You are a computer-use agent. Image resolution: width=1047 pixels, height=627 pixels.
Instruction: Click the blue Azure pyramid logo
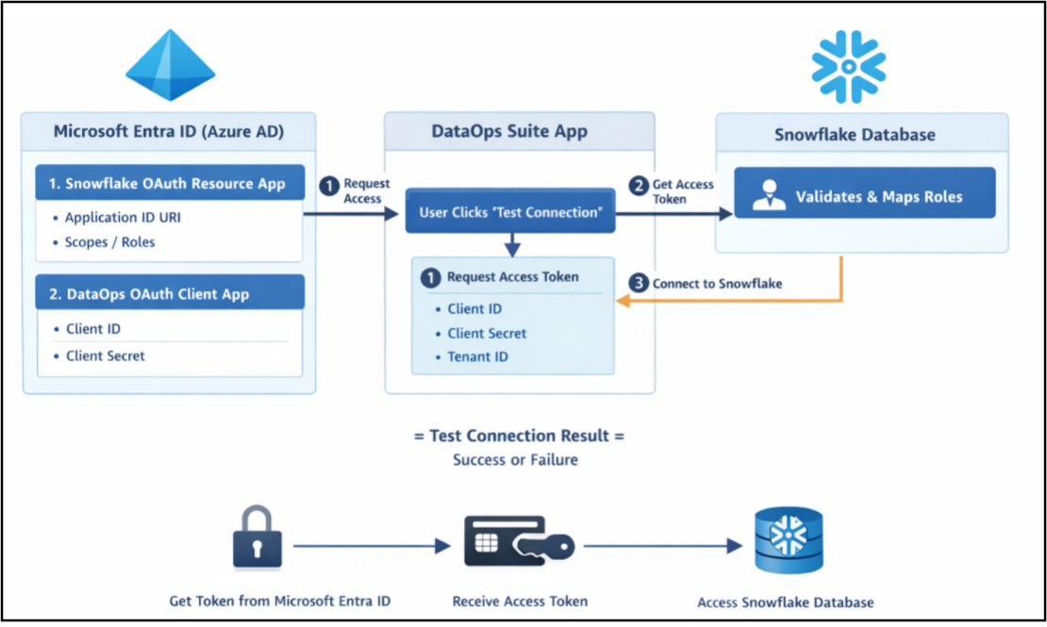tap(171, 65)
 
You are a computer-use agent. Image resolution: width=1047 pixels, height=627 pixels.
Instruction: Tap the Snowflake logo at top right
tap(849, 67)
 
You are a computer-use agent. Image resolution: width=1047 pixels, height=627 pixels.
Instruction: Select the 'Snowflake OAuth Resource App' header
tap(171, 183)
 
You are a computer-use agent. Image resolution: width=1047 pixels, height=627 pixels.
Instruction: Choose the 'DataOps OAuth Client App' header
tap(171, 293)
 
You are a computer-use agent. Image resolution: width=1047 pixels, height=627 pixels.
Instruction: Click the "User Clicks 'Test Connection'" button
tap(510, 211)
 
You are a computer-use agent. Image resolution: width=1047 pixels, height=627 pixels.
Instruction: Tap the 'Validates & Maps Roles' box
tap(865, 193)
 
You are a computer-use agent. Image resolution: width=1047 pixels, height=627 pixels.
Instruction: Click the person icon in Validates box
tap(770, 195)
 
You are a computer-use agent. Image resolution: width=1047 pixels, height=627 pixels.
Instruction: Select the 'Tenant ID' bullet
tap(472, 356)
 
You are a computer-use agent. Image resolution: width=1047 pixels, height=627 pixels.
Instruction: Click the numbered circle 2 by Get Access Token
tap(639, 186)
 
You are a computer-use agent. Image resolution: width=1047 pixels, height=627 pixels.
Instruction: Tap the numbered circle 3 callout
tap(639, 283)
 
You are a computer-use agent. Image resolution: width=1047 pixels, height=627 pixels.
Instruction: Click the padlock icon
tap(258, 537)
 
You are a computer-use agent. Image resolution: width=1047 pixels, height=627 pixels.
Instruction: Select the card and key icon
tap(519, 541)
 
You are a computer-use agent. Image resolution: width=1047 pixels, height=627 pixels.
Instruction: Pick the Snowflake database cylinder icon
tap(789, 540)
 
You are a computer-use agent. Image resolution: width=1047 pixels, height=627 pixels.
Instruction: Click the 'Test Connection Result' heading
tap(519, 436)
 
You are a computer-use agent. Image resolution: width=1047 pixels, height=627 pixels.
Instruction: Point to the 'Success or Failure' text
tap(515, 459)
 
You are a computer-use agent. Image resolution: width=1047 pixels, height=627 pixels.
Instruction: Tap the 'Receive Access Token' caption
tap(520, 601)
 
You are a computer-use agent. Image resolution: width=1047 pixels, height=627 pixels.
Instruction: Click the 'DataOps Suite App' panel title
tap(509, 131)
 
